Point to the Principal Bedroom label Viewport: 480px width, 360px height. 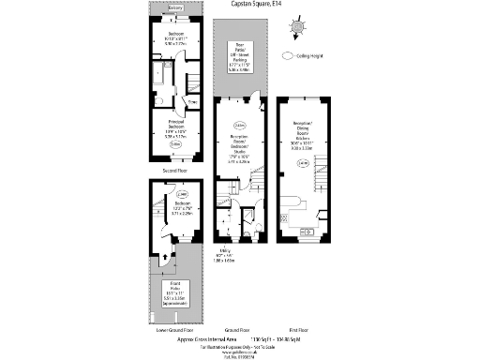pyautogui.click(x=171, y=128)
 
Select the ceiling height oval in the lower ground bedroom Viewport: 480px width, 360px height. pyautogui.click(x=181, y=195)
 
